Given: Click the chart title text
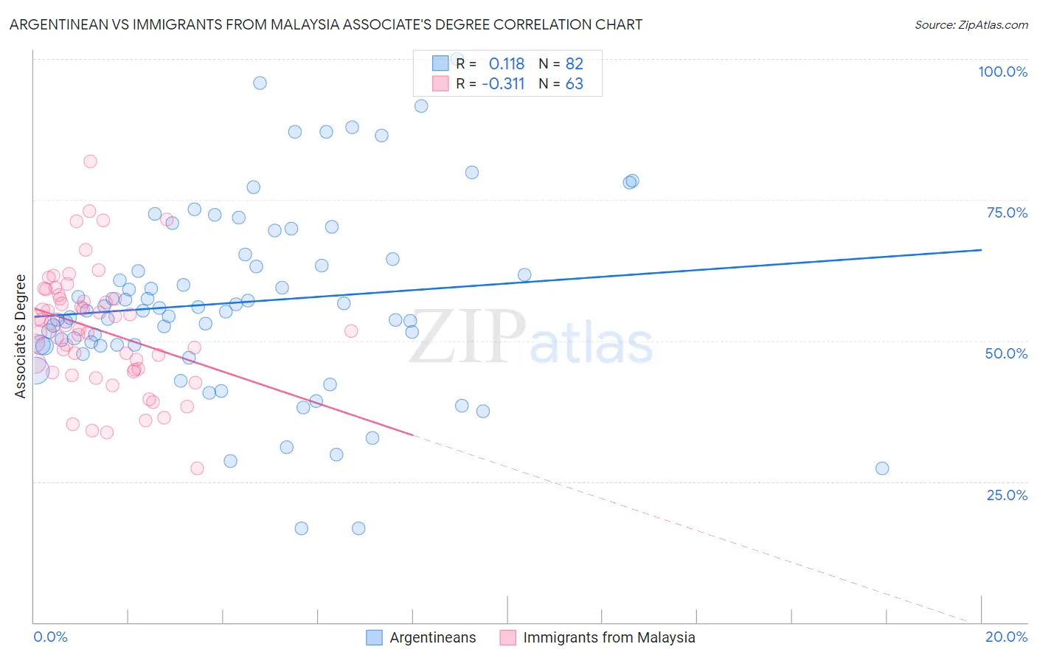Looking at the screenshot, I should [325, 24].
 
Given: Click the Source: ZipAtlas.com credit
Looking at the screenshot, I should [971, 24].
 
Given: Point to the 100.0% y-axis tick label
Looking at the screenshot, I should [1002, 72].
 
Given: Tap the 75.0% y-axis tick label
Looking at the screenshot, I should [1007, 212].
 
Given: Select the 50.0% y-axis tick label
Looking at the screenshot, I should [1006, 353].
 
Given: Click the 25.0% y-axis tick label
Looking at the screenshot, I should [1007, 494].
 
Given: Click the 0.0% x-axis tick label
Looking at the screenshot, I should [50, 637].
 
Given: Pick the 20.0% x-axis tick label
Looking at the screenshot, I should [1006, 637].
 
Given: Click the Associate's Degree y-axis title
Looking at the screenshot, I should [21, 336].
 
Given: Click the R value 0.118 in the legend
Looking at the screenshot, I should [506, 64].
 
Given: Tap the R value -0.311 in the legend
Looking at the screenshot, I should [503, 83].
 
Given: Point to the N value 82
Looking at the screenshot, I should [574, 64].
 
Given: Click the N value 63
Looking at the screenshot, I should [574, 83].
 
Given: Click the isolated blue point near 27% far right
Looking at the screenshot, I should [882, 468].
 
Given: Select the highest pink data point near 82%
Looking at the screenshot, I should [90, 162].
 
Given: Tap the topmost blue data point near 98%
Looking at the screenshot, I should [260, 83].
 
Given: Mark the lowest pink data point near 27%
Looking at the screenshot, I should [197, 468].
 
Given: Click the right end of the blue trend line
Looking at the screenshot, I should [981, 250].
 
